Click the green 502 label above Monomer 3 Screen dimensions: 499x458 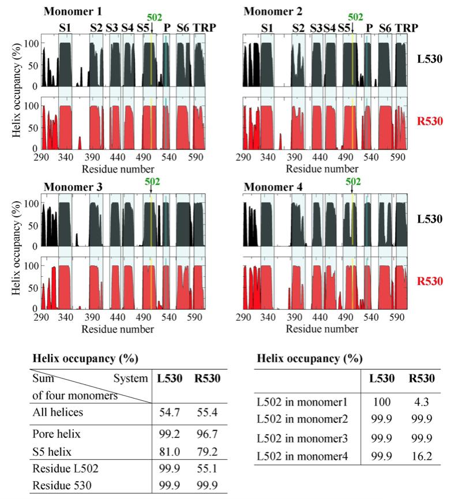[x=153, y=182]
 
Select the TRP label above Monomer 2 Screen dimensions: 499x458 [x=407, y=27]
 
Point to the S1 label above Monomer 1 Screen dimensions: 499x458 [x=65, y=27]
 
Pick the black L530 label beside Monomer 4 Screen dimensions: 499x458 [x=430, y=219]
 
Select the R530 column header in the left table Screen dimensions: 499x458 [x=204, y=380]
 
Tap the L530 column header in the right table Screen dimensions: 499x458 [x=381, y=379]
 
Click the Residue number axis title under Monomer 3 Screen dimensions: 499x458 [x=118, y=329]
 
